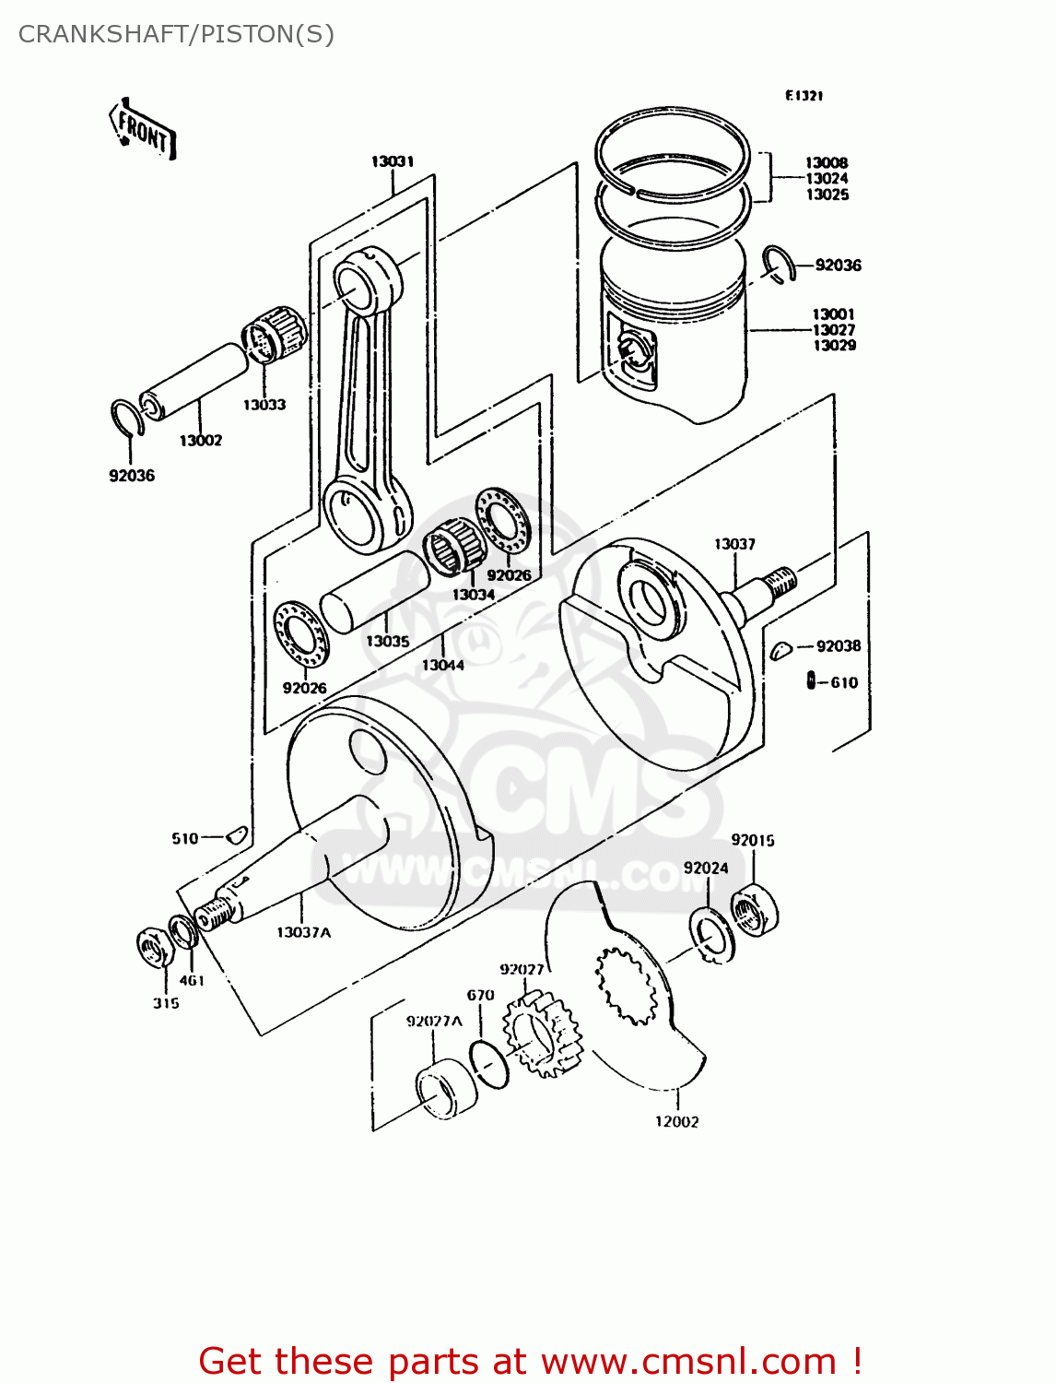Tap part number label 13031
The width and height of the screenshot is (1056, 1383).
(x=393, y=161)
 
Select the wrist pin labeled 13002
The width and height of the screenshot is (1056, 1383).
(x=194, y=382)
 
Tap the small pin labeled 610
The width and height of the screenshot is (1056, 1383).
(x=811, y=681)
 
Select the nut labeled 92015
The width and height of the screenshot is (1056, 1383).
(x=754, y=909)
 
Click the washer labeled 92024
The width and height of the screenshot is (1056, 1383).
(x=711, y=935)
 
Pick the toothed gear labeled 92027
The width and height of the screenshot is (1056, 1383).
(x=543, y=1034)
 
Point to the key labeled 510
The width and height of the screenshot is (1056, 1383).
(x=236, y=835)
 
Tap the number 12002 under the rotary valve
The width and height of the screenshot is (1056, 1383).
(x=676, y=1121)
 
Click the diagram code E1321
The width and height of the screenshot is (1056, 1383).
(x=804, y=96)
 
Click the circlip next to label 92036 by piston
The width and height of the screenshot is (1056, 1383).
(x=777, y=263)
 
